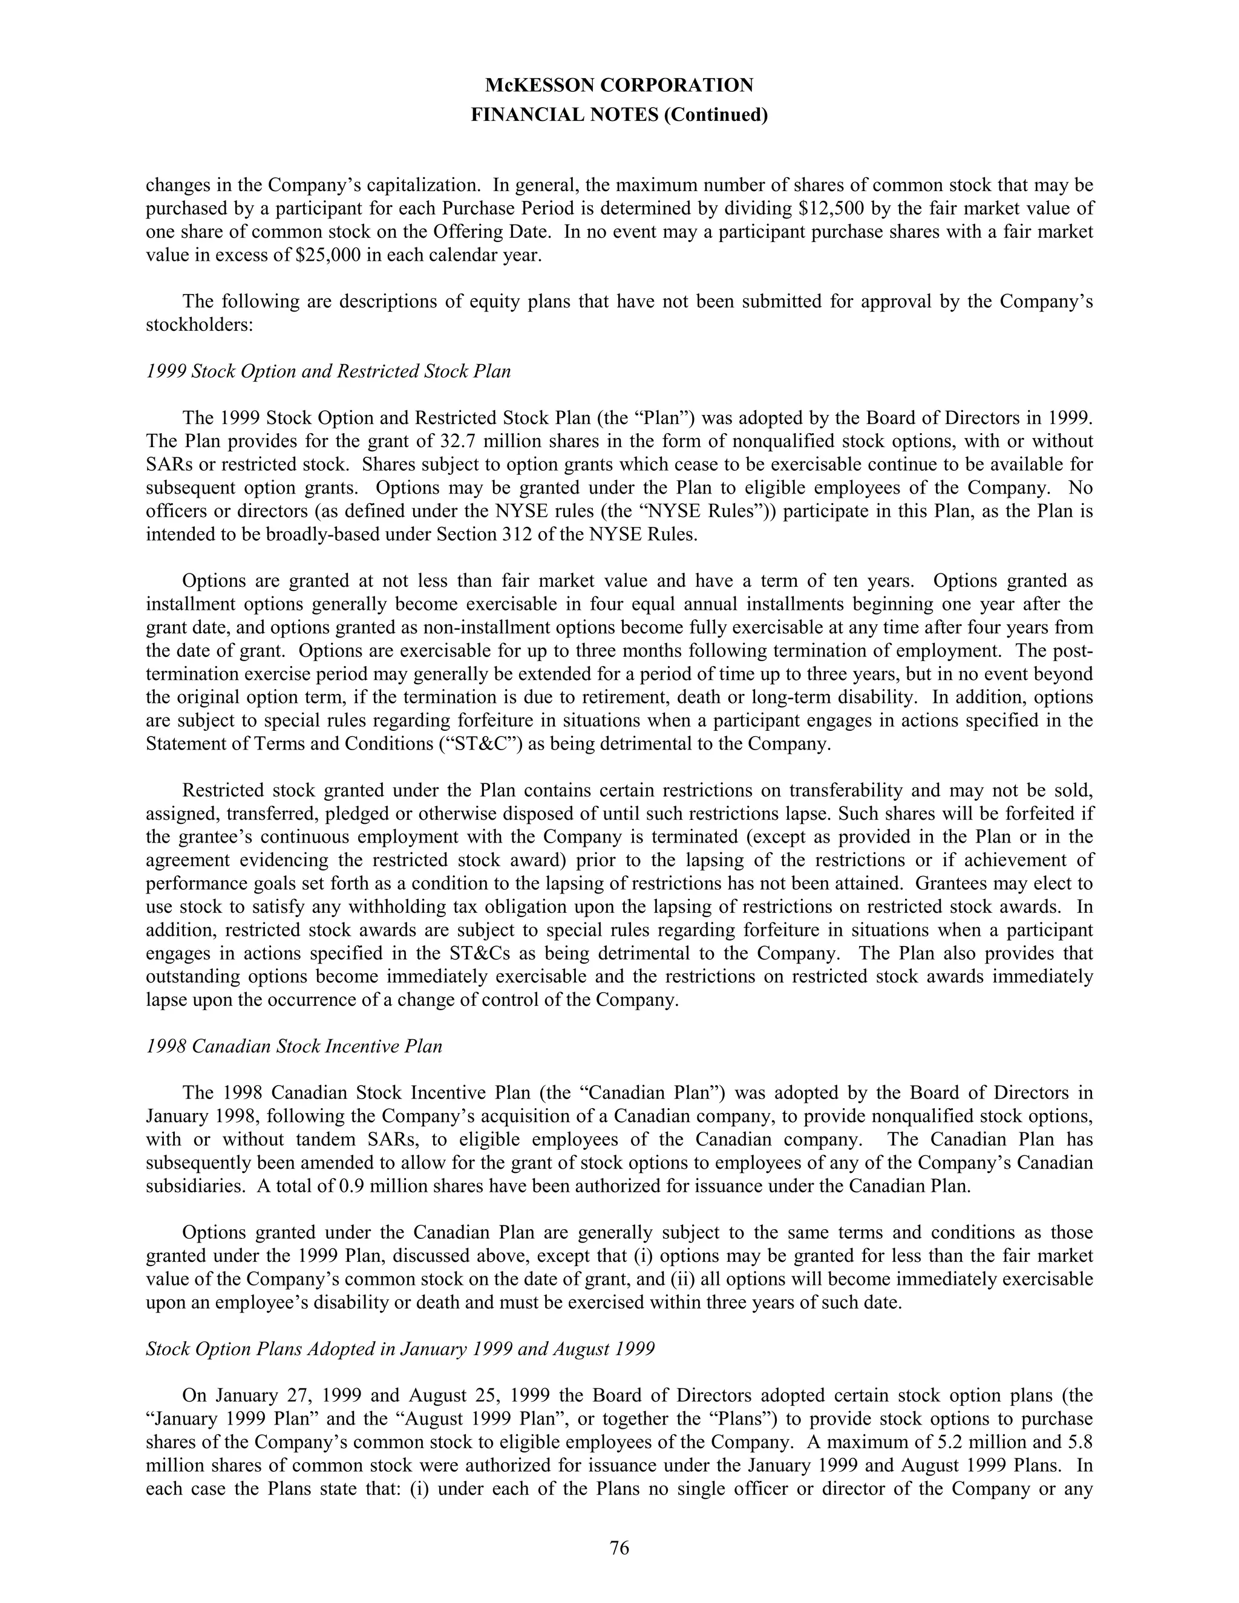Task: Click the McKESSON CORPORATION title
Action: point(619,86)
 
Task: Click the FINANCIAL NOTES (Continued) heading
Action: point(619,115)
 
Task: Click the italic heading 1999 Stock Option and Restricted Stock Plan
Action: point(328,371)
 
